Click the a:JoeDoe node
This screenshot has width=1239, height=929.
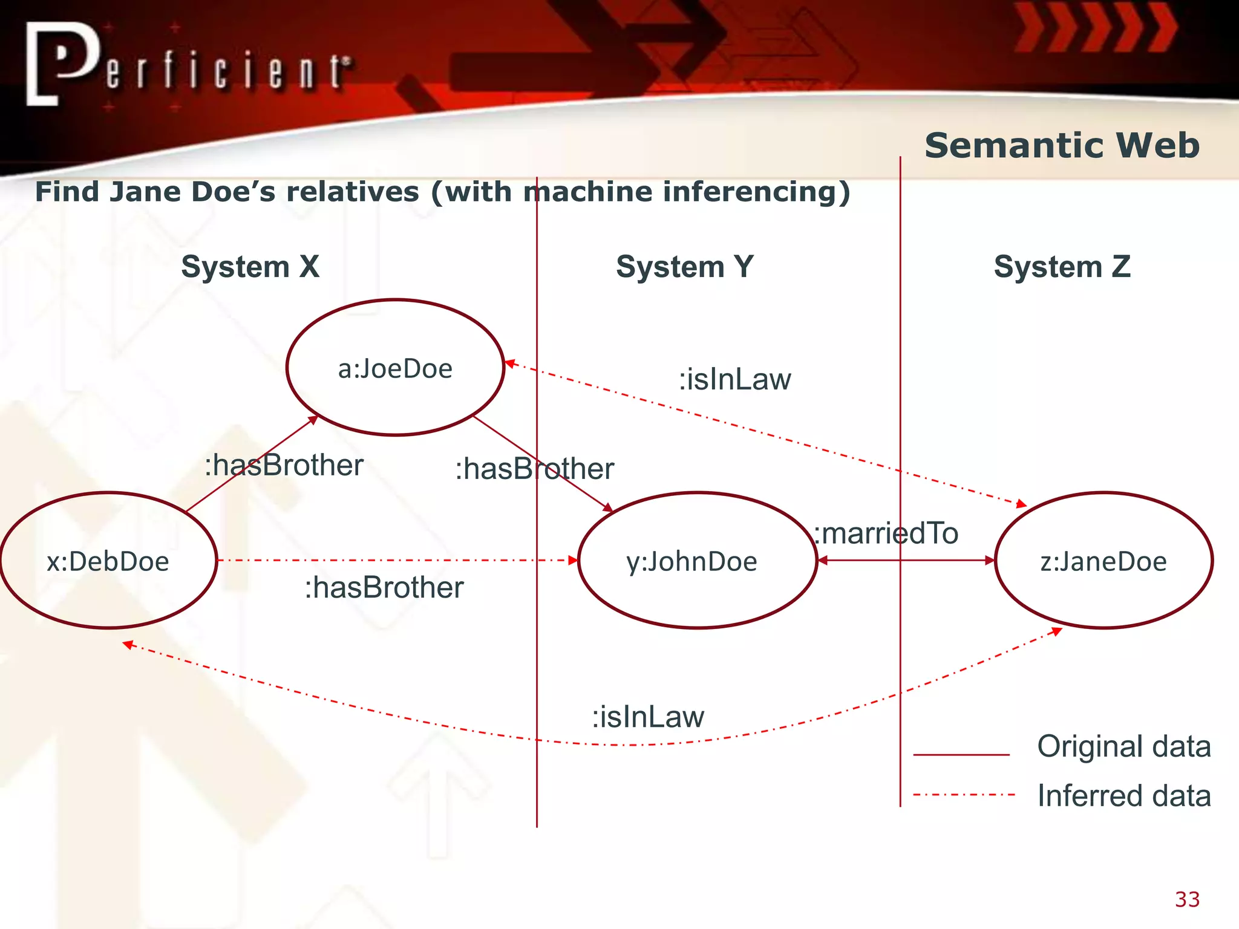(395, 368)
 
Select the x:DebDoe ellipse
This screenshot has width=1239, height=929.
(108, 561)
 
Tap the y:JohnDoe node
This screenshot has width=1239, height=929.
(697, 561)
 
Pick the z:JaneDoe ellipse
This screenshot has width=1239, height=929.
(1103, 561)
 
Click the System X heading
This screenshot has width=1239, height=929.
(250, 267)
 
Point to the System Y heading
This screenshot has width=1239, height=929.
(685, 267)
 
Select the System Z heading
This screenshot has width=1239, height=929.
(1062, 267)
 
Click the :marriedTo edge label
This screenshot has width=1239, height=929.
(886, 533)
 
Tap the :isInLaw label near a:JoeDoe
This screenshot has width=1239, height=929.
(734, 380)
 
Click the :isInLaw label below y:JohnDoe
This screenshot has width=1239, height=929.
(648, 717)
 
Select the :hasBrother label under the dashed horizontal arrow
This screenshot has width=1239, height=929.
(384, 588)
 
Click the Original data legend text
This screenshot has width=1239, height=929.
(1124, 746)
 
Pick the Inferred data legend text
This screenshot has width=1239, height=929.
(1124, 796)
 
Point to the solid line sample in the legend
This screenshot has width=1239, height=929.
(961, 754)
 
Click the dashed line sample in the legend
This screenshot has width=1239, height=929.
(963, 795)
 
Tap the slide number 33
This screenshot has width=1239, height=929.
(1187, 899)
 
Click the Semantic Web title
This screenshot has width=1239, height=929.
(1062, 146)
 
